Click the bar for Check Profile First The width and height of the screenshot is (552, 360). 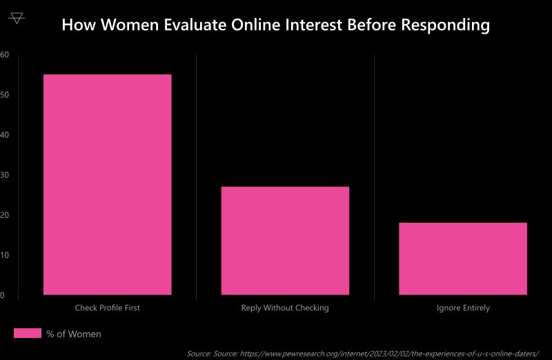(x=107, y=184)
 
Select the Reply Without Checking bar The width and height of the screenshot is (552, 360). (x=285, y=241)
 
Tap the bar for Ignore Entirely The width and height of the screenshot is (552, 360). (x=462, y=259)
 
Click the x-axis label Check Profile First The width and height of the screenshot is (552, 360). (x=107, y=308)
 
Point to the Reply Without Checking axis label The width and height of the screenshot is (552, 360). (x=285, y=308)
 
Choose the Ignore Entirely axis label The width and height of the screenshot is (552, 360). (x=463, y=308)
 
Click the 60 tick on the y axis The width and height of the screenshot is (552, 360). (x=3, y=54)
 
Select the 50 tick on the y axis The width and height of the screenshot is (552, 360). (x=3, y=94)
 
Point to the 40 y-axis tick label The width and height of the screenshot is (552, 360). (x=3, y=134)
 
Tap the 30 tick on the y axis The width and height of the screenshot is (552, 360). (x=3, y=175)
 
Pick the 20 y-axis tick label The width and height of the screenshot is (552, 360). (x=3, y=215)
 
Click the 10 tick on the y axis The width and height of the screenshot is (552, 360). (x=3, y=255)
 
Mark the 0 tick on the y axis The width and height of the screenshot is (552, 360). (x=2, y=295)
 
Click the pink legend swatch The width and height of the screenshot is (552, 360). (x=28, y=334)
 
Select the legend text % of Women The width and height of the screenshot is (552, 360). (x=74, y=334)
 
